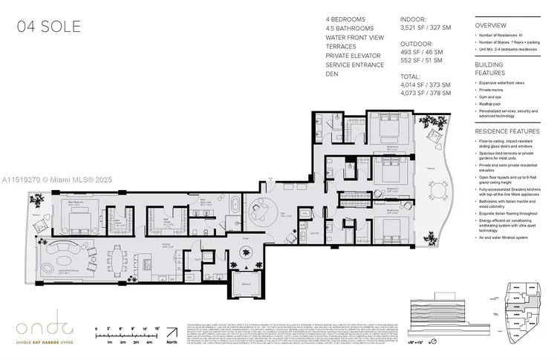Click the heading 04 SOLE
(49, 28)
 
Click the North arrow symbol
(172, 332)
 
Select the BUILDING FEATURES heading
(489, 68)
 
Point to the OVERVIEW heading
(491, 25)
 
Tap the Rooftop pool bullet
(492, 103)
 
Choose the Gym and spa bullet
(493, 96)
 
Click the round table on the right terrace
(440, 195)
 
